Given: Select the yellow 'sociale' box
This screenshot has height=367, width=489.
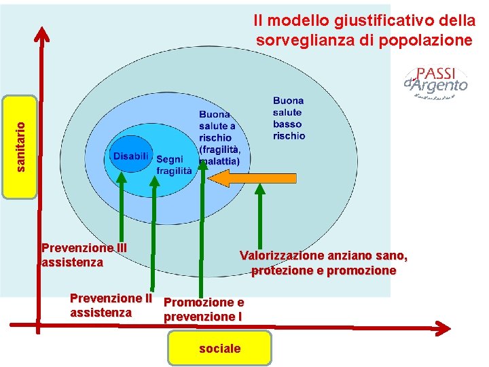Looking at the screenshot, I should coord(219,349).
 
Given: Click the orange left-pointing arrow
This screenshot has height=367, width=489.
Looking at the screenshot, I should coord(253,178).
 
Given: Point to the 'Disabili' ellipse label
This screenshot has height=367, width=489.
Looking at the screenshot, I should coord(130,156).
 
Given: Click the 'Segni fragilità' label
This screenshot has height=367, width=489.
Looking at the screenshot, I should coord(174,165).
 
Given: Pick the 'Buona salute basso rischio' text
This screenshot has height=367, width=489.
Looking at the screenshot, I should coord(289,118).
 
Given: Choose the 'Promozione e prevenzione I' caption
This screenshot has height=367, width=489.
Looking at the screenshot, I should coord(203,309).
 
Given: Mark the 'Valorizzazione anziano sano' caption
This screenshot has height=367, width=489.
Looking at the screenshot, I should coord(323,256).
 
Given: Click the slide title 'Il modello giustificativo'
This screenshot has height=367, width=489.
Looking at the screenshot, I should coord(364,31).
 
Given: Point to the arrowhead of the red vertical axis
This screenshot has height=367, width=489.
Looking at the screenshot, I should coord(42,33).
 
